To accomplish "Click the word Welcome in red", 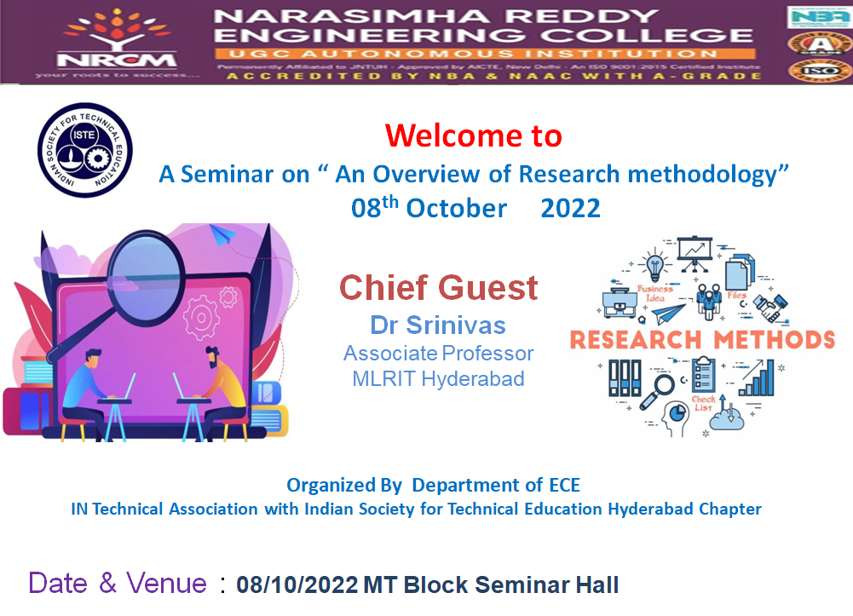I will (473, 135).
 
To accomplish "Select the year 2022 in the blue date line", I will (570, 208).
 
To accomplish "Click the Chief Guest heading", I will (439, 288).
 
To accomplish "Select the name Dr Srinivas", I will (438, 325).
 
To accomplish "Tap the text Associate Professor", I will (438, 353).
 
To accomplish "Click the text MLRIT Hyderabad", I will (438, 379).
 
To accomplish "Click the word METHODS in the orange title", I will (774, 339).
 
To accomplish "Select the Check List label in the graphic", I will (703, 404).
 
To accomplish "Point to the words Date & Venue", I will (118, 584).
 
